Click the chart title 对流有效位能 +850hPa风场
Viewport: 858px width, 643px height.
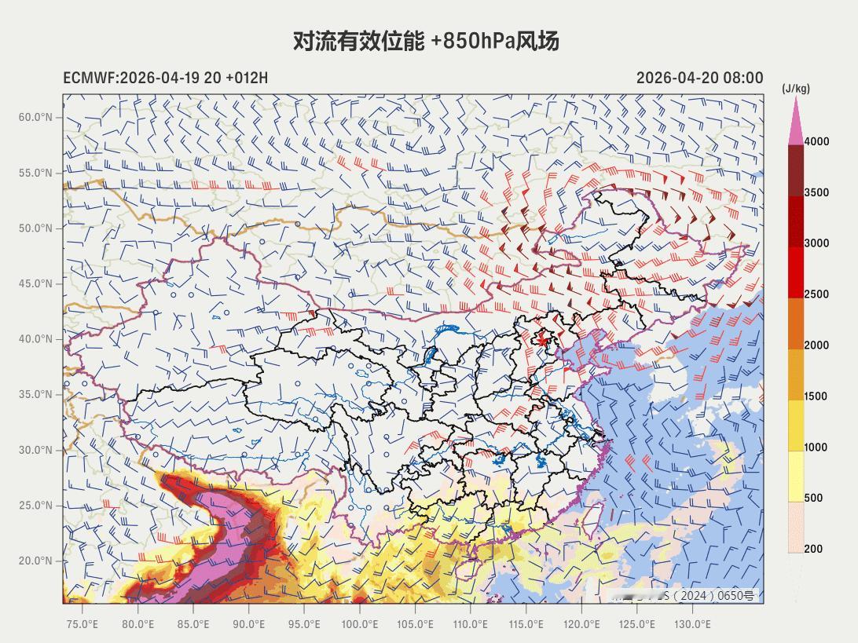pyautogui.click(x=426, y=41)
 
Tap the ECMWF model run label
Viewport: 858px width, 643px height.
pyautogui.click(x=165, y=78)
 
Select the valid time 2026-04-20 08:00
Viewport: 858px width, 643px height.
pyautogui.click(x=699, y=78)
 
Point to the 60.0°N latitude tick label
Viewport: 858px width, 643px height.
pyautogui.click(x=35, y=117)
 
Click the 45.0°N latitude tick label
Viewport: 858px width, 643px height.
pyautogui.click(x=35, y=283)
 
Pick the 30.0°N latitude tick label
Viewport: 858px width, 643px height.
pyautogui.click(x=35, y=450)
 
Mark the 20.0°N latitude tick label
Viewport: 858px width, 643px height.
pyautogui.click(x=35, y=561)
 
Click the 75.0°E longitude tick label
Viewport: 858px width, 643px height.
pyautogui.click(x=82, y=624)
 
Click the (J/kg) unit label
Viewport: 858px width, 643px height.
pyautogui.click(x=795, y=89)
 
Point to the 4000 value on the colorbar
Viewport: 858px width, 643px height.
pyautogui.click(x=816, y=141)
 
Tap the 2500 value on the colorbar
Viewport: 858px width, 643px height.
pyautogui.click(x=816, y=294)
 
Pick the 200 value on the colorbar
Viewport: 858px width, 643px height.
pyautogui.click(x=813, y=549)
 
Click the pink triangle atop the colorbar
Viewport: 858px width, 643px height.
pyautogui.click(x=796, y=124)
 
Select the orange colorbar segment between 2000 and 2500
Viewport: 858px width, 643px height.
pyautogui.click(x=796, y=323)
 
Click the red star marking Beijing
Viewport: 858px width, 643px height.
pyautogui.click(x=541, y=340)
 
